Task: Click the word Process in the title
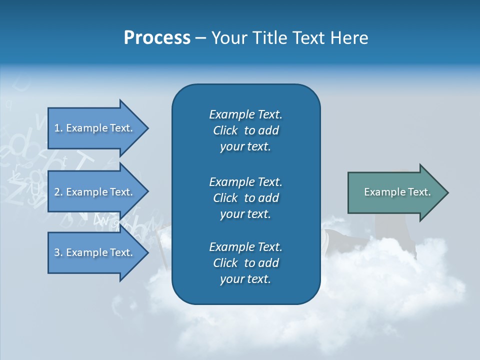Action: (x=157, y=37)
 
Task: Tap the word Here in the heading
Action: (x=348, y=37)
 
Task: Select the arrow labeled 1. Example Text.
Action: (x=95, y=128)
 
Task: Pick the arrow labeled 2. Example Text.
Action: (x=95, y=192)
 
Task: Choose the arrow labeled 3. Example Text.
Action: (x=95, y=252)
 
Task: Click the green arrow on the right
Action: (x=395, y=192)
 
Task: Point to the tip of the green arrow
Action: (x=447, y=192)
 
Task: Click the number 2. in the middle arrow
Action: (x=58, y=192)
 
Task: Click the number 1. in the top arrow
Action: (x=58, y=128)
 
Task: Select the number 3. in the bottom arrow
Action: (x=58, y=252)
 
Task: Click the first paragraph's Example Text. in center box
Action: (x=245, y=114)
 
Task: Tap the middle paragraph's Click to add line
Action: (x=245, y=198)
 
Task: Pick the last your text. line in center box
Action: (x=245, y=279)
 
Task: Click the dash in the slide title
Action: (x=201, y=38)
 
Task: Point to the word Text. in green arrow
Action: (x=419, y=192)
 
